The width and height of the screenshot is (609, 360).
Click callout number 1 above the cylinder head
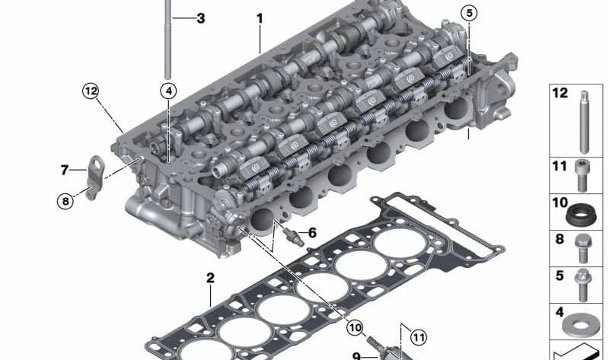click(260, 16)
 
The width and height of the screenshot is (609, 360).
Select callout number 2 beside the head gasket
click(210, 278)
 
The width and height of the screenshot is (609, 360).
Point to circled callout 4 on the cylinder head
click(167, 91)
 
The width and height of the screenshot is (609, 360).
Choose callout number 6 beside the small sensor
click(312, 232)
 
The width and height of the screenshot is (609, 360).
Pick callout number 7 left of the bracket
click(64, 169)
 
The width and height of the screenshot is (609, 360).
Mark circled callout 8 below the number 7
click(65, 202)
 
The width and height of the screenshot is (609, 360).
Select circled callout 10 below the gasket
click(354, 327)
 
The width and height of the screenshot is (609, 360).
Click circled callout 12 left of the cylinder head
click(91, 91)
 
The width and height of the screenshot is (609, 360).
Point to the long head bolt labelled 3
click(167, 38)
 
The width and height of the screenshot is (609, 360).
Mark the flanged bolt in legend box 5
click(585, 285)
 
